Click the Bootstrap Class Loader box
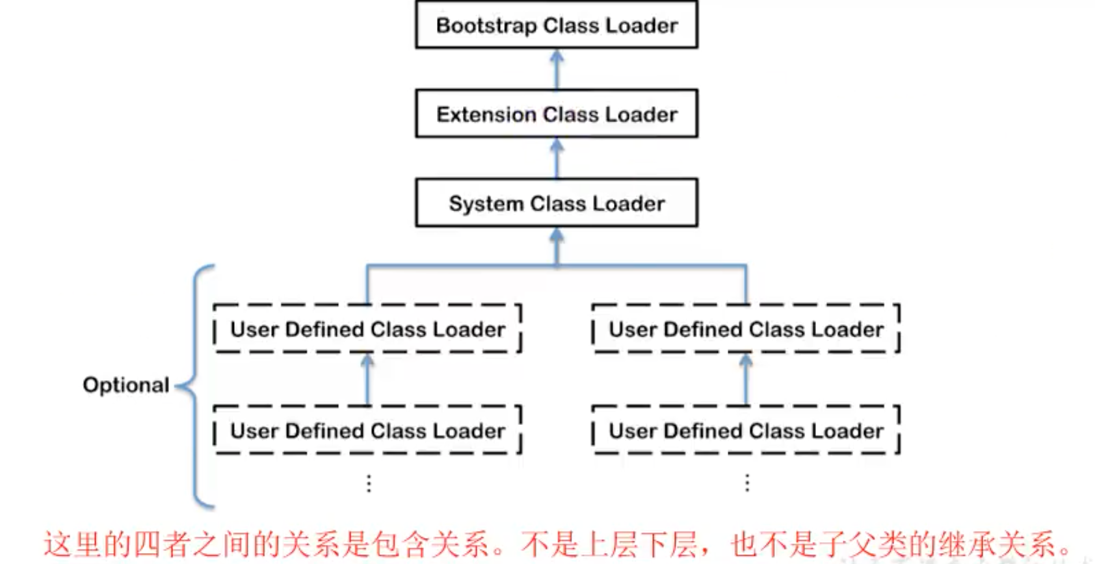(x=557, y=25)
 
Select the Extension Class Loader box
(x=557, y=114)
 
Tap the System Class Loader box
(x=557, y=203)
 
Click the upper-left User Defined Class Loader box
(x=367, y=329)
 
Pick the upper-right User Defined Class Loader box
(x=746, y=329)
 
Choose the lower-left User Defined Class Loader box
(x=367, y=430)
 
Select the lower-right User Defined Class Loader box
(x=746, y=430)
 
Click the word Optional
(x=125, y=385)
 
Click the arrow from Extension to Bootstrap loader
(x=557, y=69)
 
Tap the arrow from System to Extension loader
(x=557, y=158)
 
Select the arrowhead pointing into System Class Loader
(x=557, y=235)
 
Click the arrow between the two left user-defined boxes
(x=367, y=379)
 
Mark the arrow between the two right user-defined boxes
(x=746, y=379)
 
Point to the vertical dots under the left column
(x=369, y=483)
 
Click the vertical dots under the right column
(x=747, y=483)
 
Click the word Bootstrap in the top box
(x=486, y=25)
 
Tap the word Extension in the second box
(x=486, y=114)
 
